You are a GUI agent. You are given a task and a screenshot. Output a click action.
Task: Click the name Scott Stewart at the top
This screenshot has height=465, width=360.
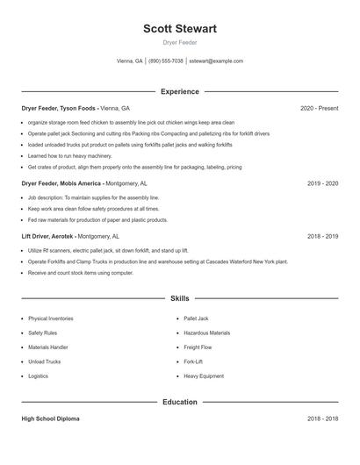(x=180, y=28)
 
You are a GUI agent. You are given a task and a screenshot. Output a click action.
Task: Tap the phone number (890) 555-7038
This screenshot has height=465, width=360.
(x=166, y=61)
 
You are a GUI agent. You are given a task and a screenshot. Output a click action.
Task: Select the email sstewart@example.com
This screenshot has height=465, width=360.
(x=216, y=61)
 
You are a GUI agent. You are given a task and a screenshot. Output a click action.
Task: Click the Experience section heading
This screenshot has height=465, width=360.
(x=180, y=91)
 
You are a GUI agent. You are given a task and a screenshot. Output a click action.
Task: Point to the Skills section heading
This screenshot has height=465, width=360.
(x=180, y=299)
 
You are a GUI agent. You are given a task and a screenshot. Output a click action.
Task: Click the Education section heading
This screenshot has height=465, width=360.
(x=180, y=402)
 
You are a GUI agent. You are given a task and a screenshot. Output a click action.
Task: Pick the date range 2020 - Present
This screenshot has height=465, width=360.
(x=319, y=108)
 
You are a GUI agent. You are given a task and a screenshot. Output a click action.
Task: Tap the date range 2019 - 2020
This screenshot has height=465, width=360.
(x=322, y=183)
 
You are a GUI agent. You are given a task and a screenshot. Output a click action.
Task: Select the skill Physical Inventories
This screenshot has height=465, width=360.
(x=51, y=318)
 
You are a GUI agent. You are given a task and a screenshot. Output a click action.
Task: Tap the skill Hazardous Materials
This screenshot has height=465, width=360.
(x=206, y=333)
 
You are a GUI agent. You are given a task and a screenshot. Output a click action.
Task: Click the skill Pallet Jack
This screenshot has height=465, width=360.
(x=196, y=318)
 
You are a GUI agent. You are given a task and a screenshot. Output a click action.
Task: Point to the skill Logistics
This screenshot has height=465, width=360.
(x=39, y=376)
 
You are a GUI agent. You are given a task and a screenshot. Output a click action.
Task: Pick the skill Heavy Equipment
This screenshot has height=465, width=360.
(x=203, y=376)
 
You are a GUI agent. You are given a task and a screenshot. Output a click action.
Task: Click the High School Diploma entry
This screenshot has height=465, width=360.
(x=51, y=418)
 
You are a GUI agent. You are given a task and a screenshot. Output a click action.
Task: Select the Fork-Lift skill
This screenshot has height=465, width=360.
(x=193, y=361)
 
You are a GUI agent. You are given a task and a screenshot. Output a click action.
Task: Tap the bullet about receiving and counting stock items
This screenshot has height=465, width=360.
(x=81, y=273)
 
